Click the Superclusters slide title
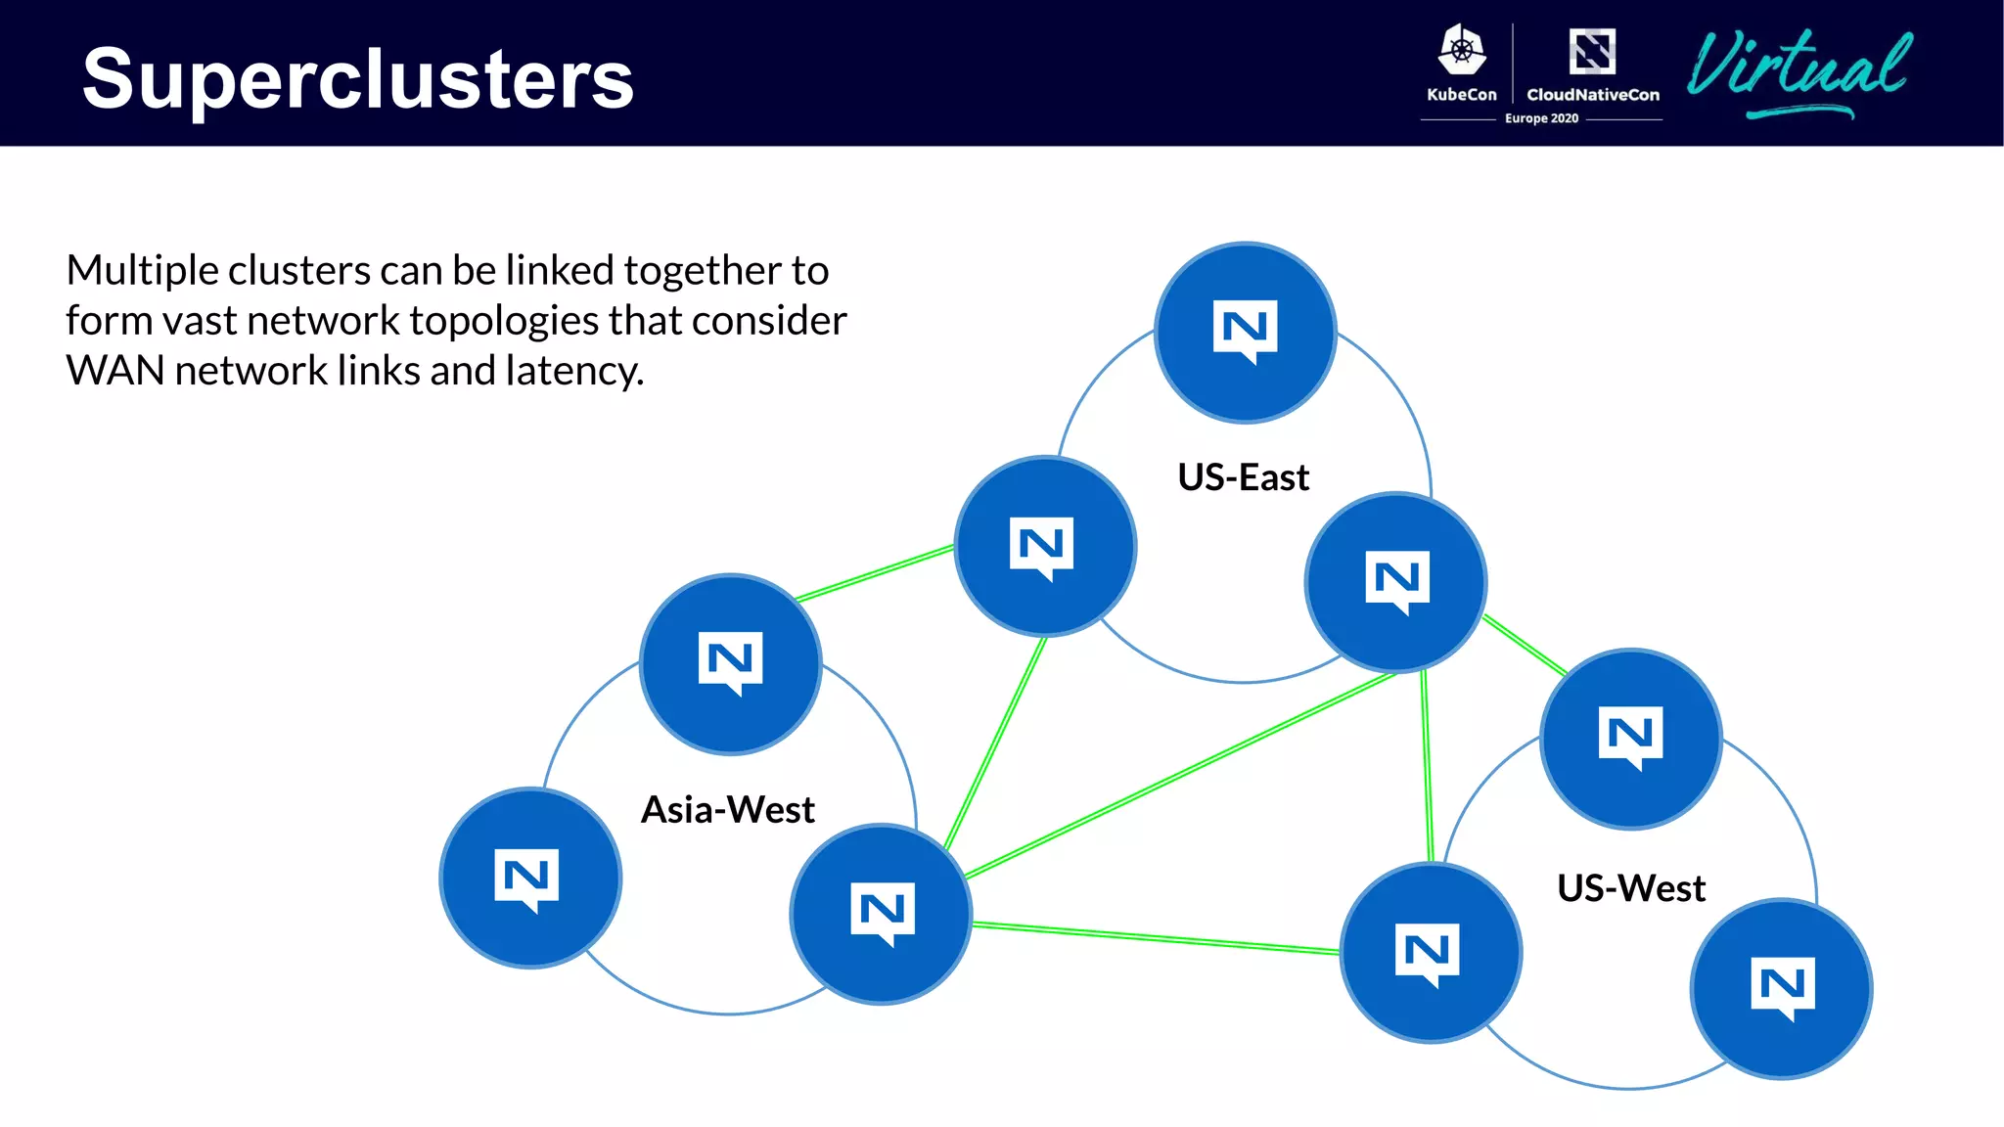click(x=358, y=78)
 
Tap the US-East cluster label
click(x=1243, y=477)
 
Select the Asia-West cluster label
click(x=727, y=810)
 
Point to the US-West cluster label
click(x=1630, y=888)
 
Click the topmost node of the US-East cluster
click(x=1245, y=333)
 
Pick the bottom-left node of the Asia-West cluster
click(x=529, y=878)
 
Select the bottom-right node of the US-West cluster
click(x=1781, y=988)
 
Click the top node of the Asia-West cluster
click(x=730, y=663)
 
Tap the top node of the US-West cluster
click(x=1630, y=739)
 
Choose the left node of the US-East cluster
click(x=1044, y=546)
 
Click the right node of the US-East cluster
click(x=1395, y=582)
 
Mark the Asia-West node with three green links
click(x=881, y=913)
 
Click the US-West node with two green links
click(x=1430, y=952)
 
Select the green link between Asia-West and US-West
click(x=1155, y=937)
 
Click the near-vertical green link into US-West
click(x=1427, y=768)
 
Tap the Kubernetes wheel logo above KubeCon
click(x=1462, y=51)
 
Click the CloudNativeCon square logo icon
click(x=1592, y=51)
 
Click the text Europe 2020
click(x=1541, y=118)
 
